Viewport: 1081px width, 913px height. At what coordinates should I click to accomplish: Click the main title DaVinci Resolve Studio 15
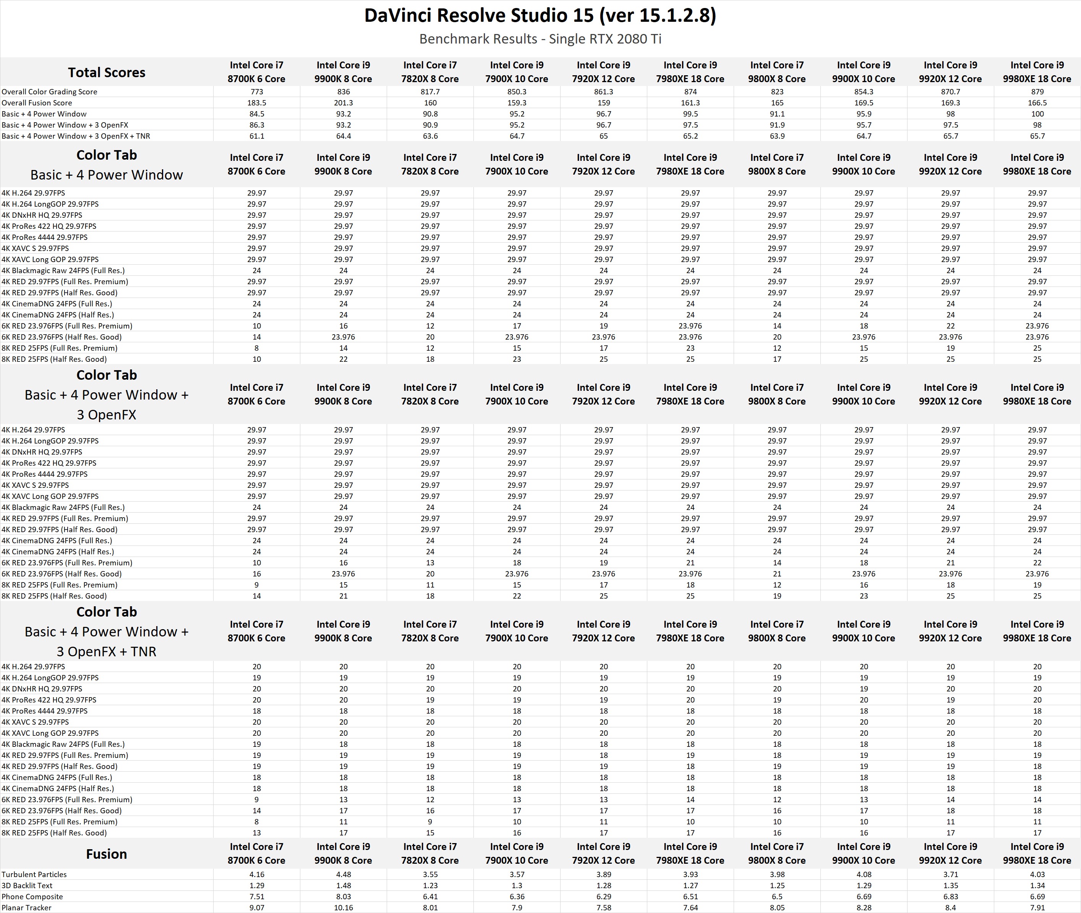pyautogui.click(x=540, y=16)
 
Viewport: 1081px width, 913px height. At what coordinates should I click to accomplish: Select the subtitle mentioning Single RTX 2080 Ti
pyautogui.click(x=540, y=39)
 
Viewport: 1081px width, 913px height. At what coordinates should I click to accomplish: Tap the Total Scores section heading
pyautogui.click(x=106, y=73)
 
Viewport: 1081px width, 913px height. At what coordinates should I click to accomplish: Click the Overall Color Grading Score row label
pyautogui.click(x=49, y=92)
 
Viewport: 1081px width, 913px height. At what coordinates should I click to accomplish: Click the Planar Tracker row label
pyautogui.click(x=26, y=907)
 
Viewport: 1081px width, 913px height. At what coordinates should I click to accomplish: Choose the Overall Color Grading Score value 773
pyautogui.click(x=256, y=92)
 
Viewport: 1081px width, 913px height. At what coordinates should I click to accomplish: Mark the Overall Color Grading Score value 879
pyautogui.click(x=1037, y=92)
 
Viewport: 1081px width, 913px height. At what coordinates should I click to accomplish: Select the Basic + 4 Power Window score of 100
pyautogui.click(x=1037, y=114)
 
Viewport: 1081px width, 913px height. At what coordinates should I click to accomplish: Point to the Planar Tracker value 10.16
pyautogui.click(x=343, y=907)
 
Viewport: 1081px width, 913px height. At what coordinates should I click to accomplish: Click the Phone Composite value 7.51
pyautogui.click(x=256, y=897)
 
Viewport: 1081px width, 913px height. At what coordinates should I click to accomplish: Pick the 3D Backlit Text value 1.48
pyautogui.click(x=343, y=885)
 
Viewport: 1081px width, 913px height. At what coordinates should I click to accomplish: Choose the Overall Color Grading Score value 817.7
pyautogui.click(x=430, y=92)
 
